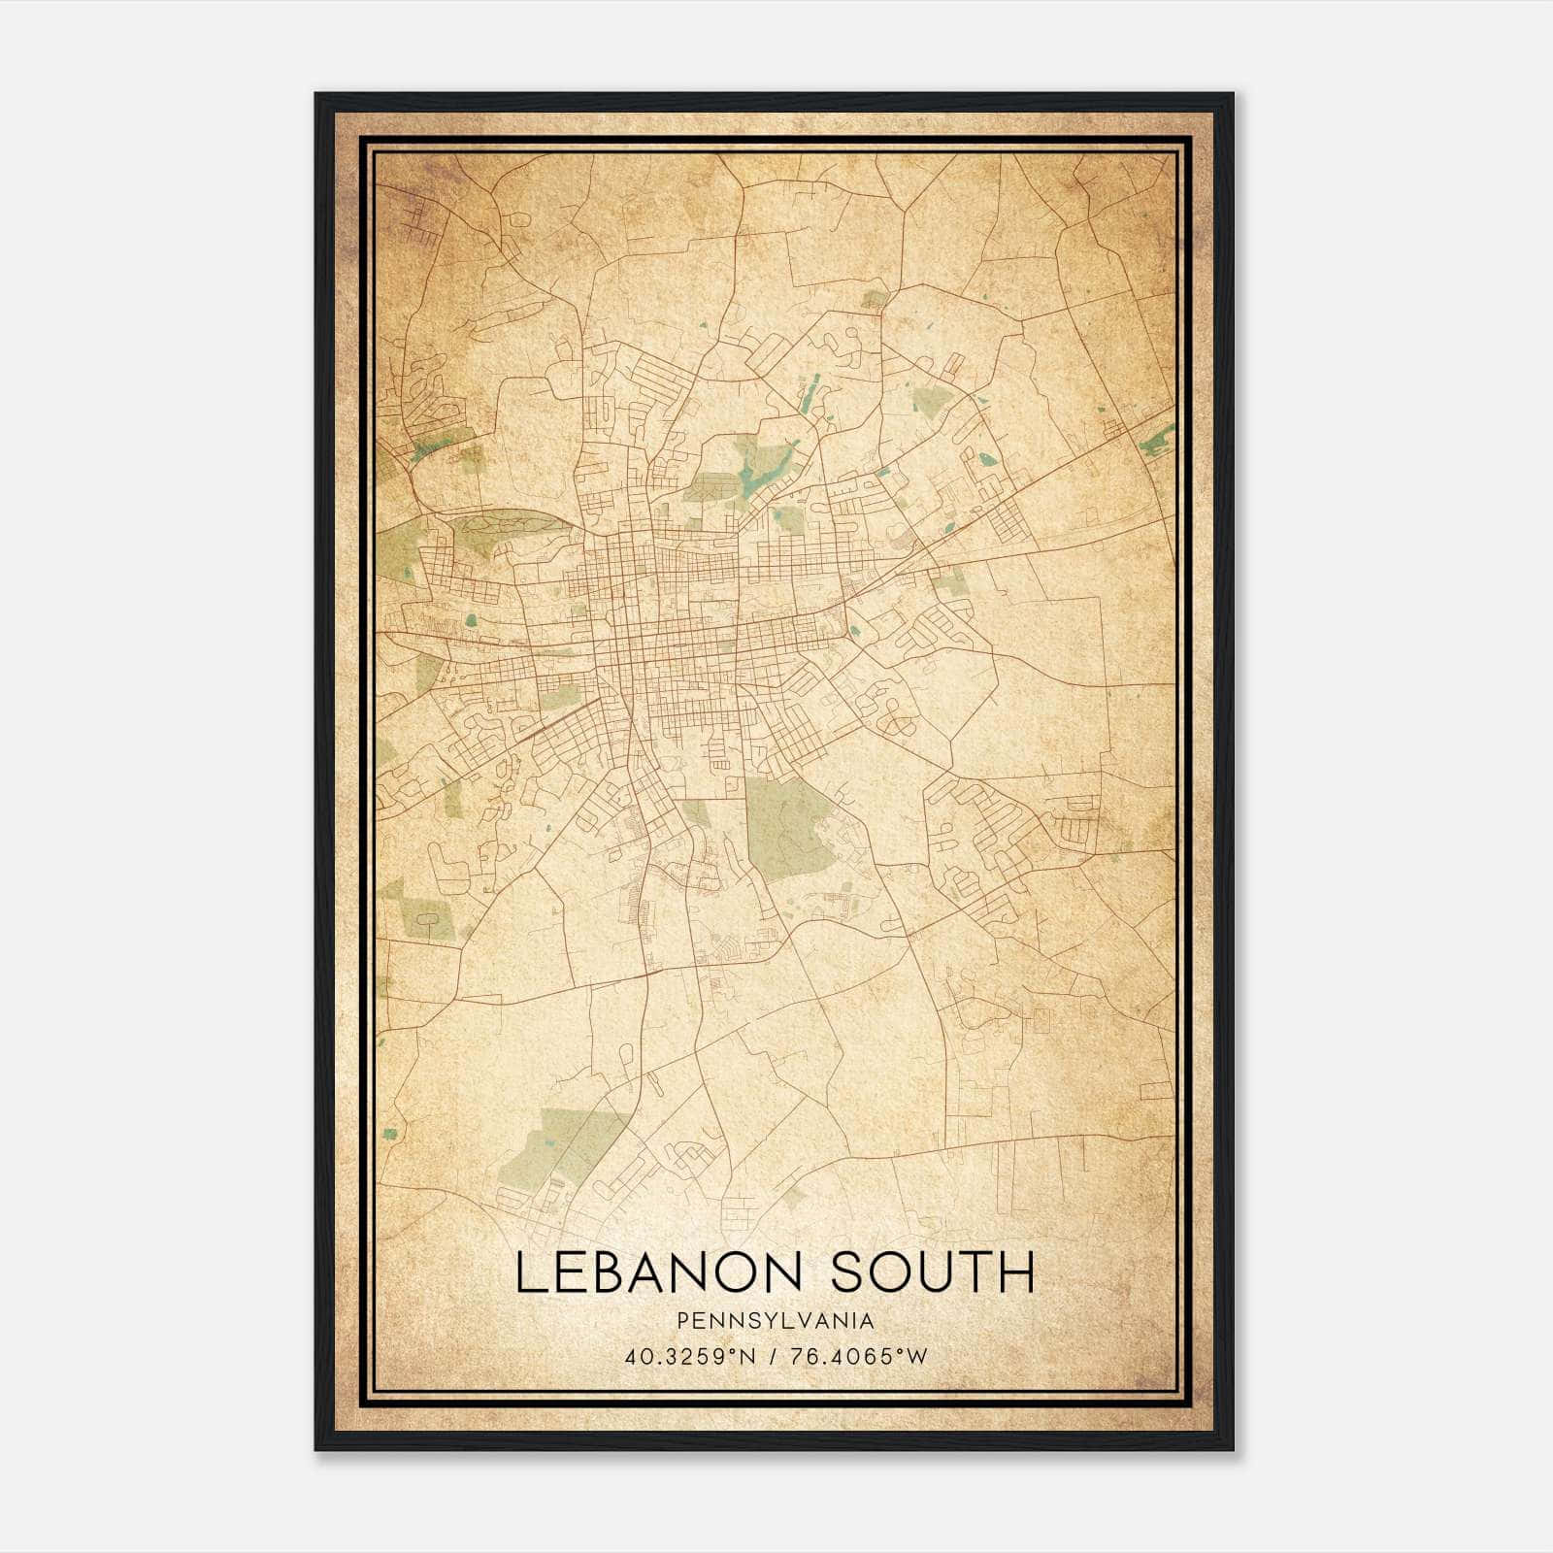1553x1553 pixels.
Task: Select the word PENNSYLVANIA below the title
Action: coord(776,1321)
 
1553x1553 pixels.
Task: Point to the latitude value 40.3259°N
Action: coord(690,1356)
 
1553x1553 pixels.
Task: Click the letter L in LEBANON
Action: coord(530,1272)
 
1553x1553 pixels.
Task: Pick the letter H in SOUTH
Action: coord(1016,1272)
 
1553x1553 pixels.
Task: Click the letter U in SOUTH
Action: coord(934,1272)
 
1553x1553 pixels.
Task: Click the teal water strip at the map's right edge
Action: coord(1157,442)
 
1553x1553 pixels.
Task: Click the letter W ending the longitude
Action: coord(917,1356)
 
